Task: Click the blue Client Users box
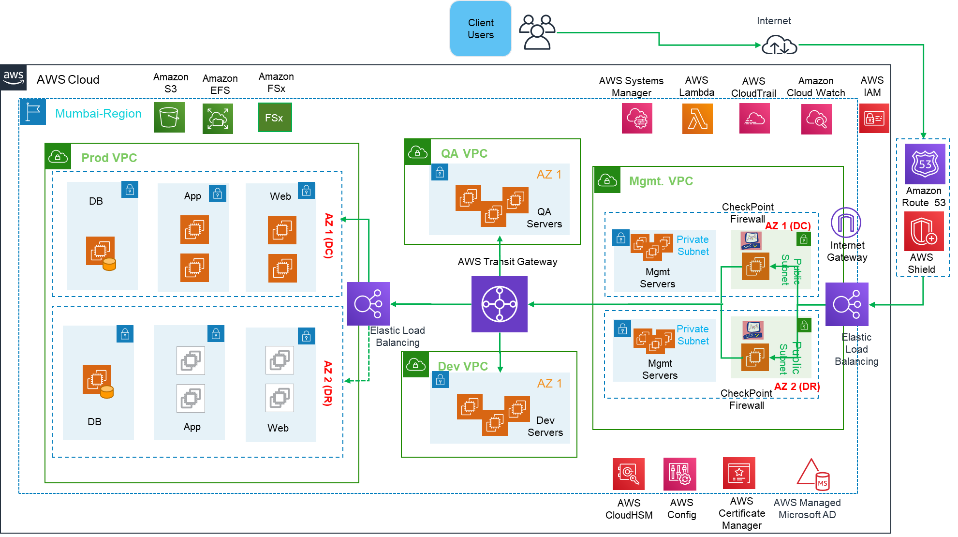480,29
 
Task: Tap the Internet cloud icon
779,45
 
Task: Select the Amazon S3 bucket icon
169,117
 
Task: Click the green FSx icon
274,118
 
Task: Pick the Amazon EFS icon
218,119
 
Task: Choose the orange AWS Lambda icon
697,119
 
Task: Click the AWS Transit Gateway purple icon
499,304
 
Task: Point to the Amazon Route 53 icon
924,164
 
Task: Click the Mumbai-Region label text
98,114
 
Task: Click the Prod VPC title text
109,158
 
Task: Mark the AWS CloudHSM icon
628,474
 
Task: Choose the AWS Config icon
679,474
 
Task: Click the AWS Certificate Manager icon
738,473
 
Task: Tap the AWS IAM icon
874,119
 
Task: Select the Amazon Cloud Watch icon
816,119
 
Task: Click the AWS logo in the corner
14,77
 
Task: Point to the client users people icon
537,32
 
